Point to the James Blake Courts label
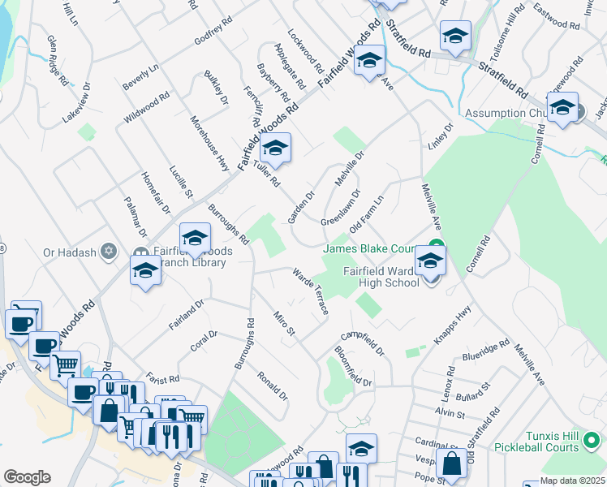(x=370, y=248)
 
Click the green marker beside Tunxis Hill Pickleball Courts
(x=594, y=442)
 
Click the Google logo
(x=27, y=477)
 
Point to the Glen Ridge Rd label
(x=56, y=60)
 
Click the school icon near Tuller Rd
(x=275, y=149)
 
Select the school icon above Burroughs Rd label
(x=195, y=239)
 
